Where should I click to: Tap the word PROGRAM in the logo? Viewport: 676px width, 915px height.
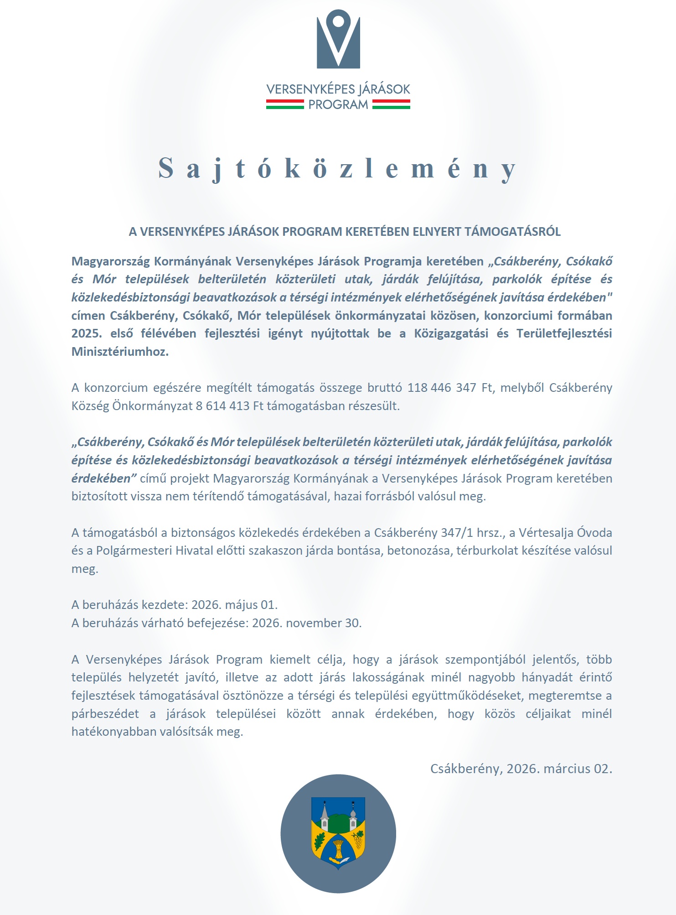pos(338,105)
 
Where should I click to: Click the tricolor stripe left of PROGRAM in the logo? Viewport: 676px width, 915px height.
pos(285,104)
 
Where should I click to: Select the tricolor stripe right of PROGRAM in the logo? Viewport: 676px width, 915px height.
pos(391,104)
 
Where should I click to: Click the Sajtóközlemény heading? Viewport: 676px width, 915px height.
pos(337,168)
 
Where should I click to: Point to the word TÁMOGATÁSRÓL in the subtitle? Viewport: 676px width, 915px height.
pos(513,232)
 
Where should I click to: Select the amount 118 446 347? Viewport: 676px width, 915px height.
pos(442,388)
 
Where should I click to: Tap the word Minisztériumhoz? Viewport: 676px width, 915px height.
pos(120,352)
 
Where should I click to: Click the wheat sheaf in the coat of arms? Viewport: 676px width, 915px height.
pos(338,850)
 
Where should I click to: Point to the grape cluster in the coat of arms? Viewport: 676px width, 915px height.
pos(358,838)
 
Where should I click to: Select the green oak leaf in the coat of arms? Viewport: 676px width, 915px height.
pos(319,839)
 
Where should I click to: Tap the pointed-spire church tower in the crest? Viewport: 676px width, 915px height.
pos(324,816)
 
